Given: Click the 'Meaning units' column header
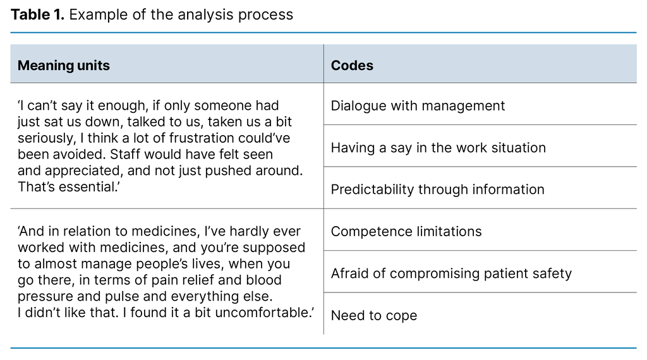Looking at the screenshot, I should coord(63,66).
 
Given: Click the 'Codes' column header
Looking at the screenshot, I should coord(352,66).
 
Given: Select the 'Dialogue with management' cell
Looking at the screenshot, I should coord(418,105).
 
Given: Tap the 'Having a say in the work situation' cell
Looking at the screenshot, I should coord(438,148).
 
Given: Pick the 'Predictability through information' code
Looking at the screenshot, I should coord(437,189).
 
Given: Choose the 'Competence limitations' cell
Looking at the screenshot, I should coord(406,232).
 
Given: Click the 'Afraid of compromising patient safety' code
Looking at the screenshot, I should coord(451,273).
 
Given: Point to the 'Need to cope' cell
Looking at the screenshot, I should coord(373,316).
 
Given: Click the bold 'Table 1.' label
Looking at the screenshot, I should coord(37,15).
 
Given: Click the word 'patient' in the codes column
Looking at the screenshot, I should coord(508,273).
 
